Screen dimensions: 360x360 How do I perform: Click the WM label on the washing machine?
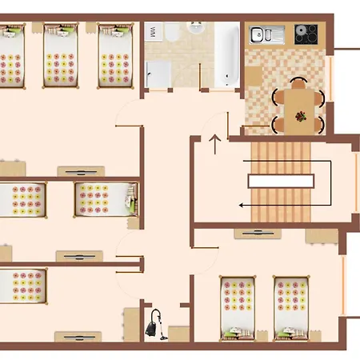click(x=153, y=32)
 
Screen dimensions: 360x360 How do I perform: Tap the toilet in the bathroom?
click(x=172, y=31)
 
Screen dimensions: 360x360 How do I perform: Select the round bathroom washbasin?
click(x=196, y=27)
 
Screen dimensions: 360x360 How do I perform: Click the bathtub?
click(x=226, y=54)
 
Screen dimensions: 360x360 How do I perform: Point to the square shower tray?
click(x=158, y=74)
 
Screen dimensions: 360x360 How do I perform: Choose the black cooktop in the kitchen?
click(x=306, y=34)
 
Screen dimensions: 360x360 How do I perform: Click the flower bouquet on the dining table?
click(x=301, y=117)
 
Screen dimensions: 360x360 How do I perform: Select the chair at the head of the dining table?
click(x=298, y=83)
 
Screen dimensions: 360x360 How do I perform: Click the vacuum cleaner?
click(x=156, y=325)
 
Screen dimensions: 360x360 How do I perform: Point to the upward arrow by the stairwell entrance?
click(x=215, y=144)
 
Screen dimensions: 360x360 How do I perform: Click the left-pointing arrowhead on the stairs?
click(x=241, y=206)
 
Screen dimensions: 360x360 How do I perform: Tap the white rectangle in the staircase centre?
click(x=281, y=181)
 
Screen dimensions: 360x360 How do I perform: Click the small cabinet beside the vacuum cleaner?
click(x=178, y=334)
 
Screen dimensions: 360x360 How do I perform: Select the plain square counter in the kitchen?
click(x=254, y=76)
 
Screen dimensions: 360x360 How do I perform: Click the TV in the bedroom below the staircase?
click(x=258, y=233)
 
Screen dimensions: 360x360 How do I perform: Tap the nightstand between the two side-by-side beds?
click(x=262, y=336)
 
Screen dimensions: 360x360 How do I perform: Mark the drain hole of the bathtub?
click(x=227, y=77)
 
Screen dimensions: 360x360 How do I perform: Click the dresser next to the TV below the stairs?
click(x=322, y=236)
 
